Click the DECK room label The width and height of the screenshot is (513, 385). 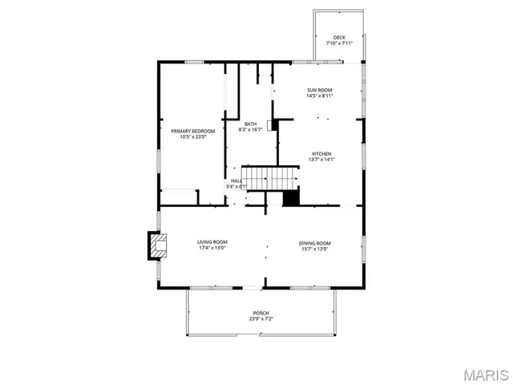click(x=339, y=37)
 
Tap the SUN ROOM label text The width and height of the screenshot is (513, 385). click(x=319, y=90)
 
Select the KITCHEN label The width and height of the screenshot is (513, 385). click(x=321, y=153)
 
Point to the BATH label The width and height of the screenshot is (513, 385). click(x=251, y=124)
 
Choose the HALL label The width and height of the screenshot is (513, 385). click(x=236, y=181)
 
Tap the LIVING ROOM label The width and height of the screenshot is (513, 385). click(x=212, y=242)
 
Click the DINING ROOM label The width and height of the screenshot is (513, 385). click(x=315, y=243)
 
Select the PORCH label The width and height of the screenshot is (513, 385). click(x=261, y=313)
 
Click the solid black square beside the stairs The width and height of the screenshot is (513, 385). click(x=291, y=197)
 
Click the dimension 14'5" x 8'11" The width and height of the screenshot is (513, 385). click(x=319, y=96)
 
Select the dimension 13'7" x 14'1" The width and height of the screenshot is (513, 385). click(x=321, y=160)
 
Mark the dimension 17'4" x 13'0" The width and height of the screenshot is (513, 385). click(x=212, y=249)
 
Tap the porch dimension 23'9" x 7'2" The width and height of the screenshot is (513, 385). click(x=261, y=319)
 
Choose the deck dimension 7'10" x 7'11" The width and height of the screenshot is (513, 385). click(x=339, y=43)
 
